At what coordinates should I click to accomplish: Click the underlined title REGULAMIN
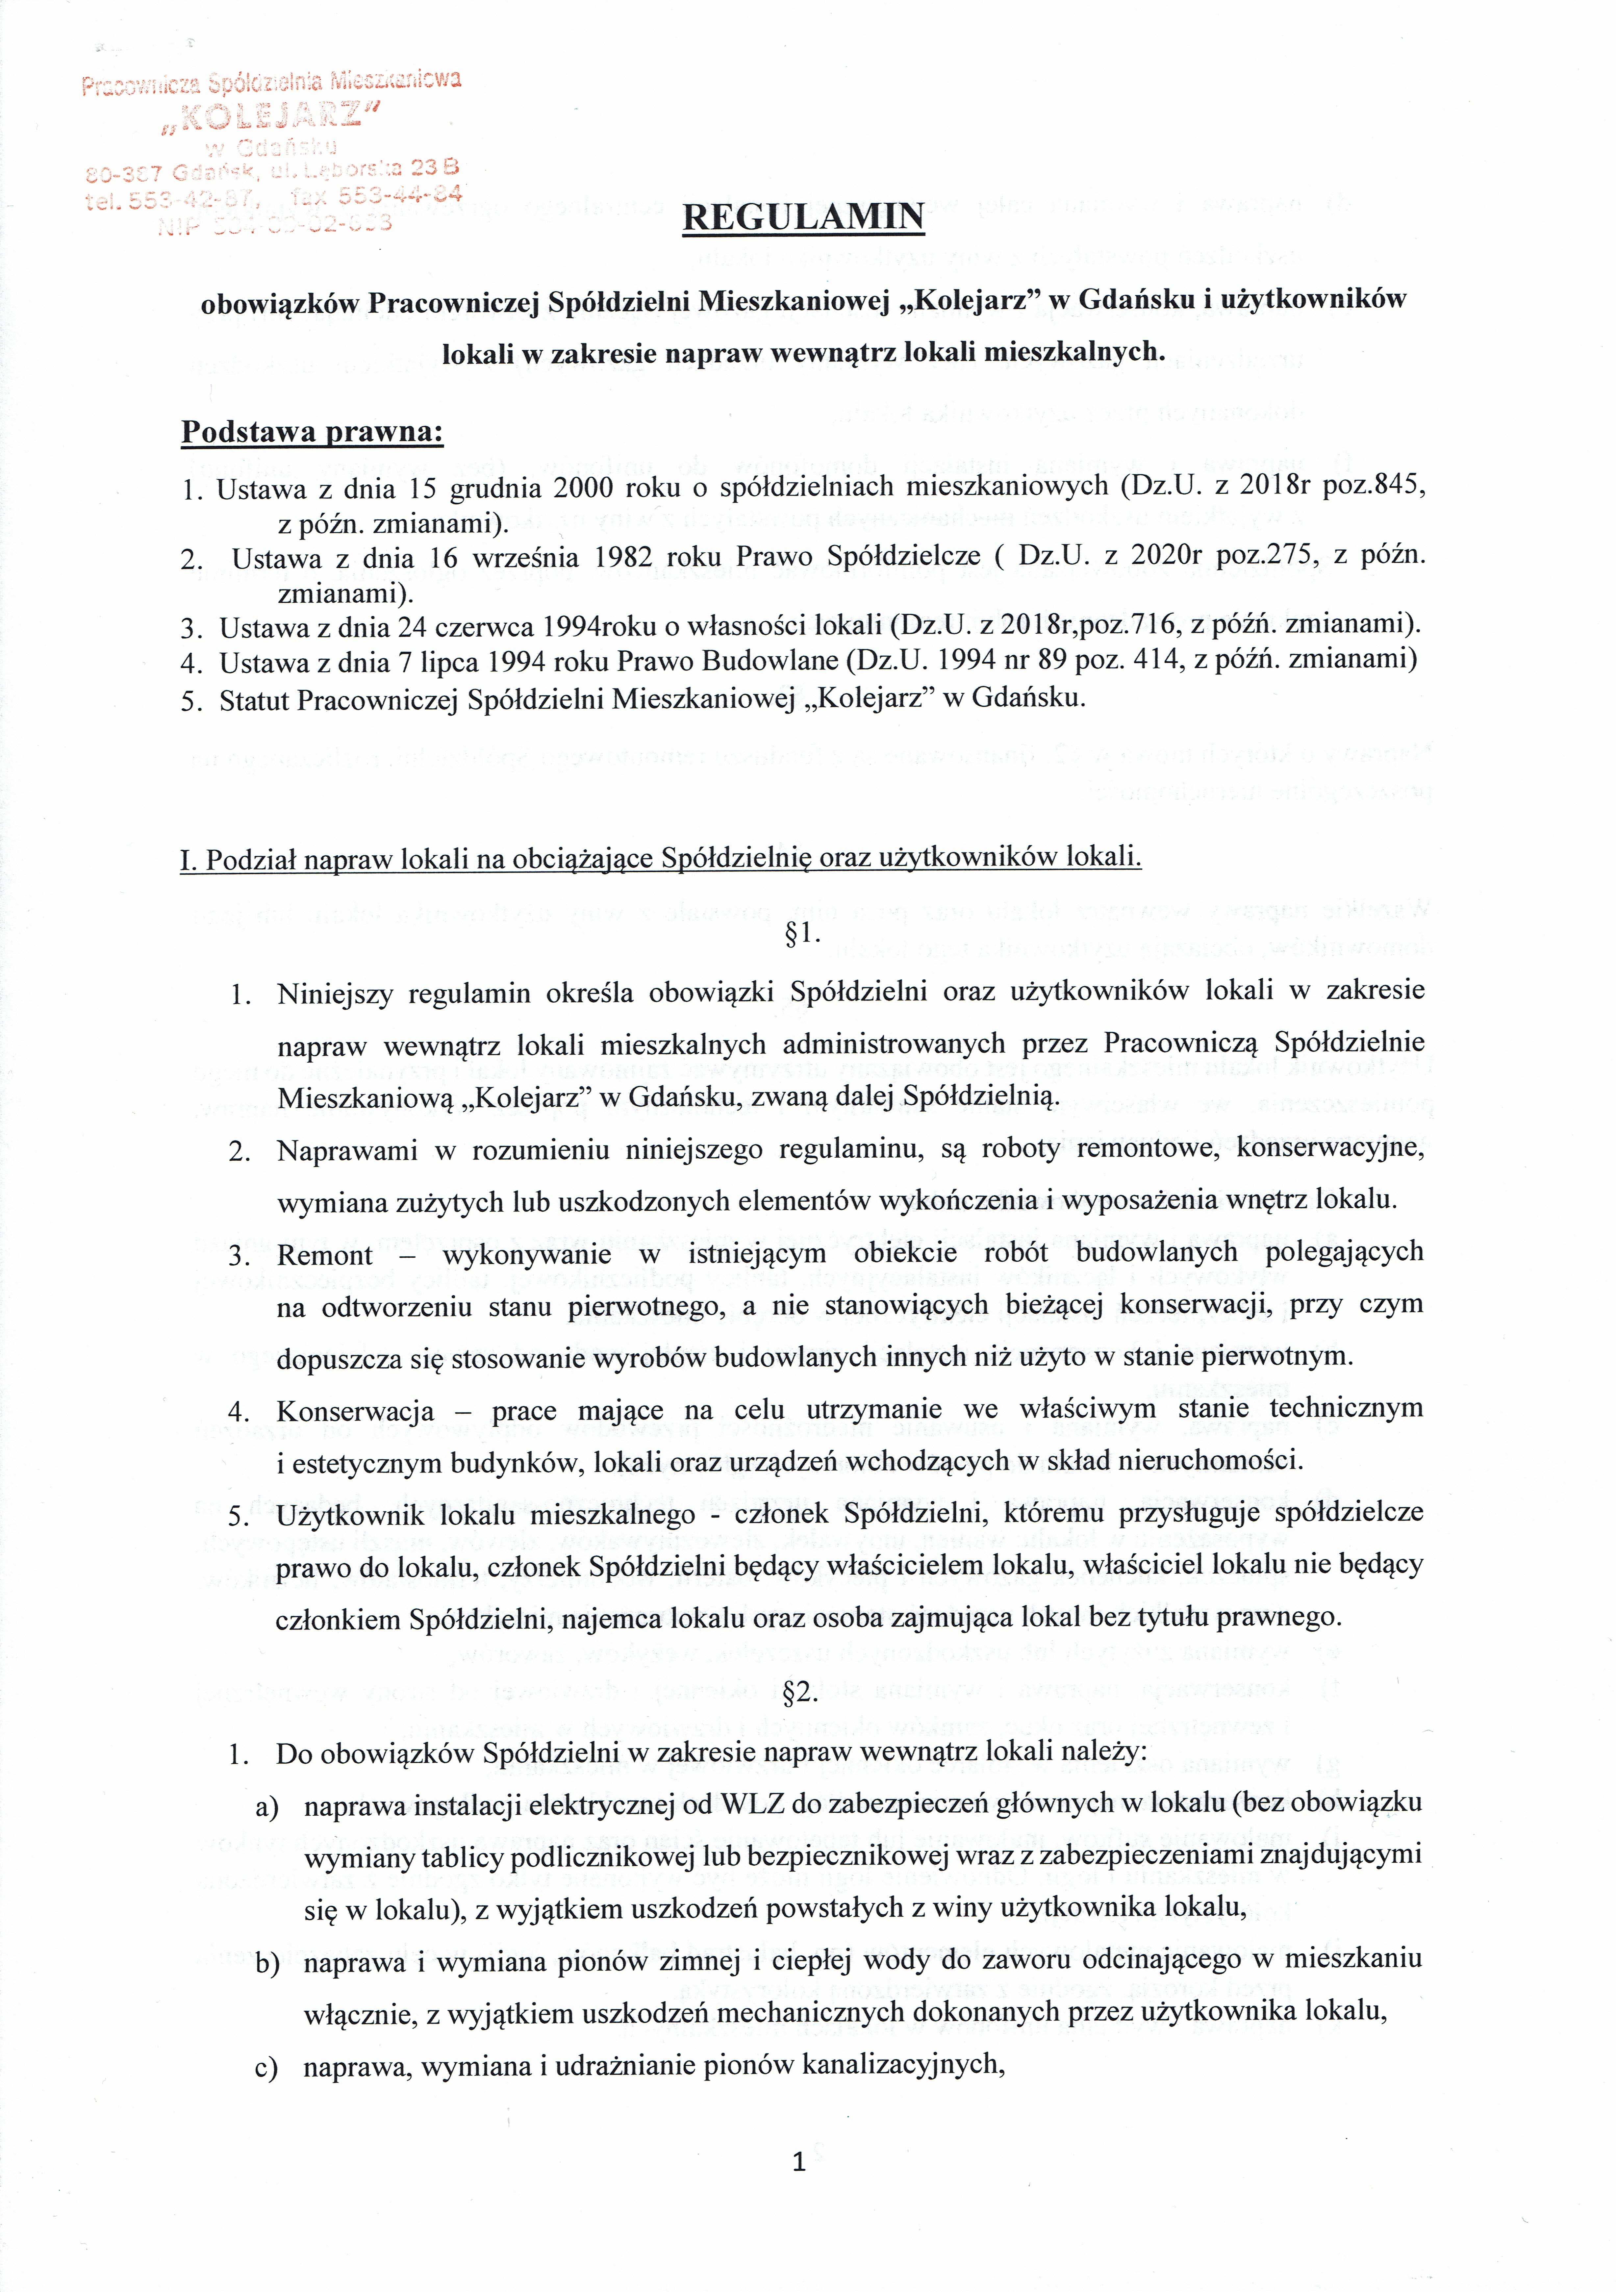pyautogui.click(x=803, y=216)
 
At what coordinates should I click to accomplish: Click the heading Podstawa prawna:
pyautogui.click(x=313, y=432)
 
